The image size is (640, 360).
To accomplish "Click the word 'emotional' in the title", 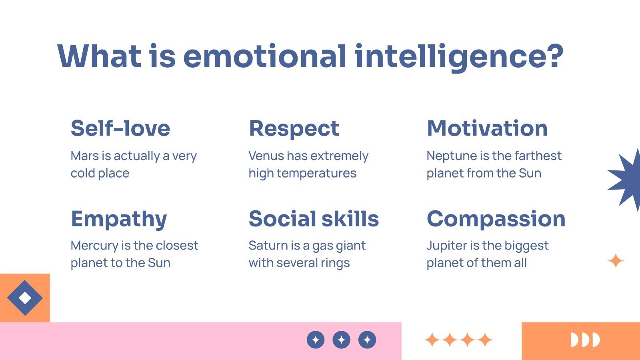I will coord(264,56).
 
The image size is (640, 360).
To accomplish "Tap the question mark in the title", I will coord(552,56).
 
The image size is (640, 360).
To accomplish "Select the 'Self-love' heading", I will coord(120,128).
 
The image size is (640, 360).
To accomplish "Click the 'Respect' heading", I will coord(294,128).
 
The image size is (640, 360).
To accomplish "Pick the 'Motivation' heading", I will coord(487,128).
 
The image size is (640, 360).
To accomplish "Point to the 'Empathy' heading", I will coord(119,219).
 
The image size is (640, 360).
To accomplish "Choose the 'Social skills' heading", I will coord(314,219).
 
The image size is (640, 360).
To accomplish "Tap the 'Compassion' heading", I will coord(496,219).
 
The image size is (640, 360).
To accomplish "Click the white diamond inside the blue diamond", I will coord(25,298).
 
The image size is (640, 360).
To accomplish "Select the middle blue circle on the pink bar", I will coord(341,340).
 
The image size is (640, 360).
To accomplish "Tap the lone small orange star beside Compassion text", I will coord(616,261).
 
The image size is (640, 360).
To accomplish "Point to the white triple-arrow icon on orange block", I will coord(585,340).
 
